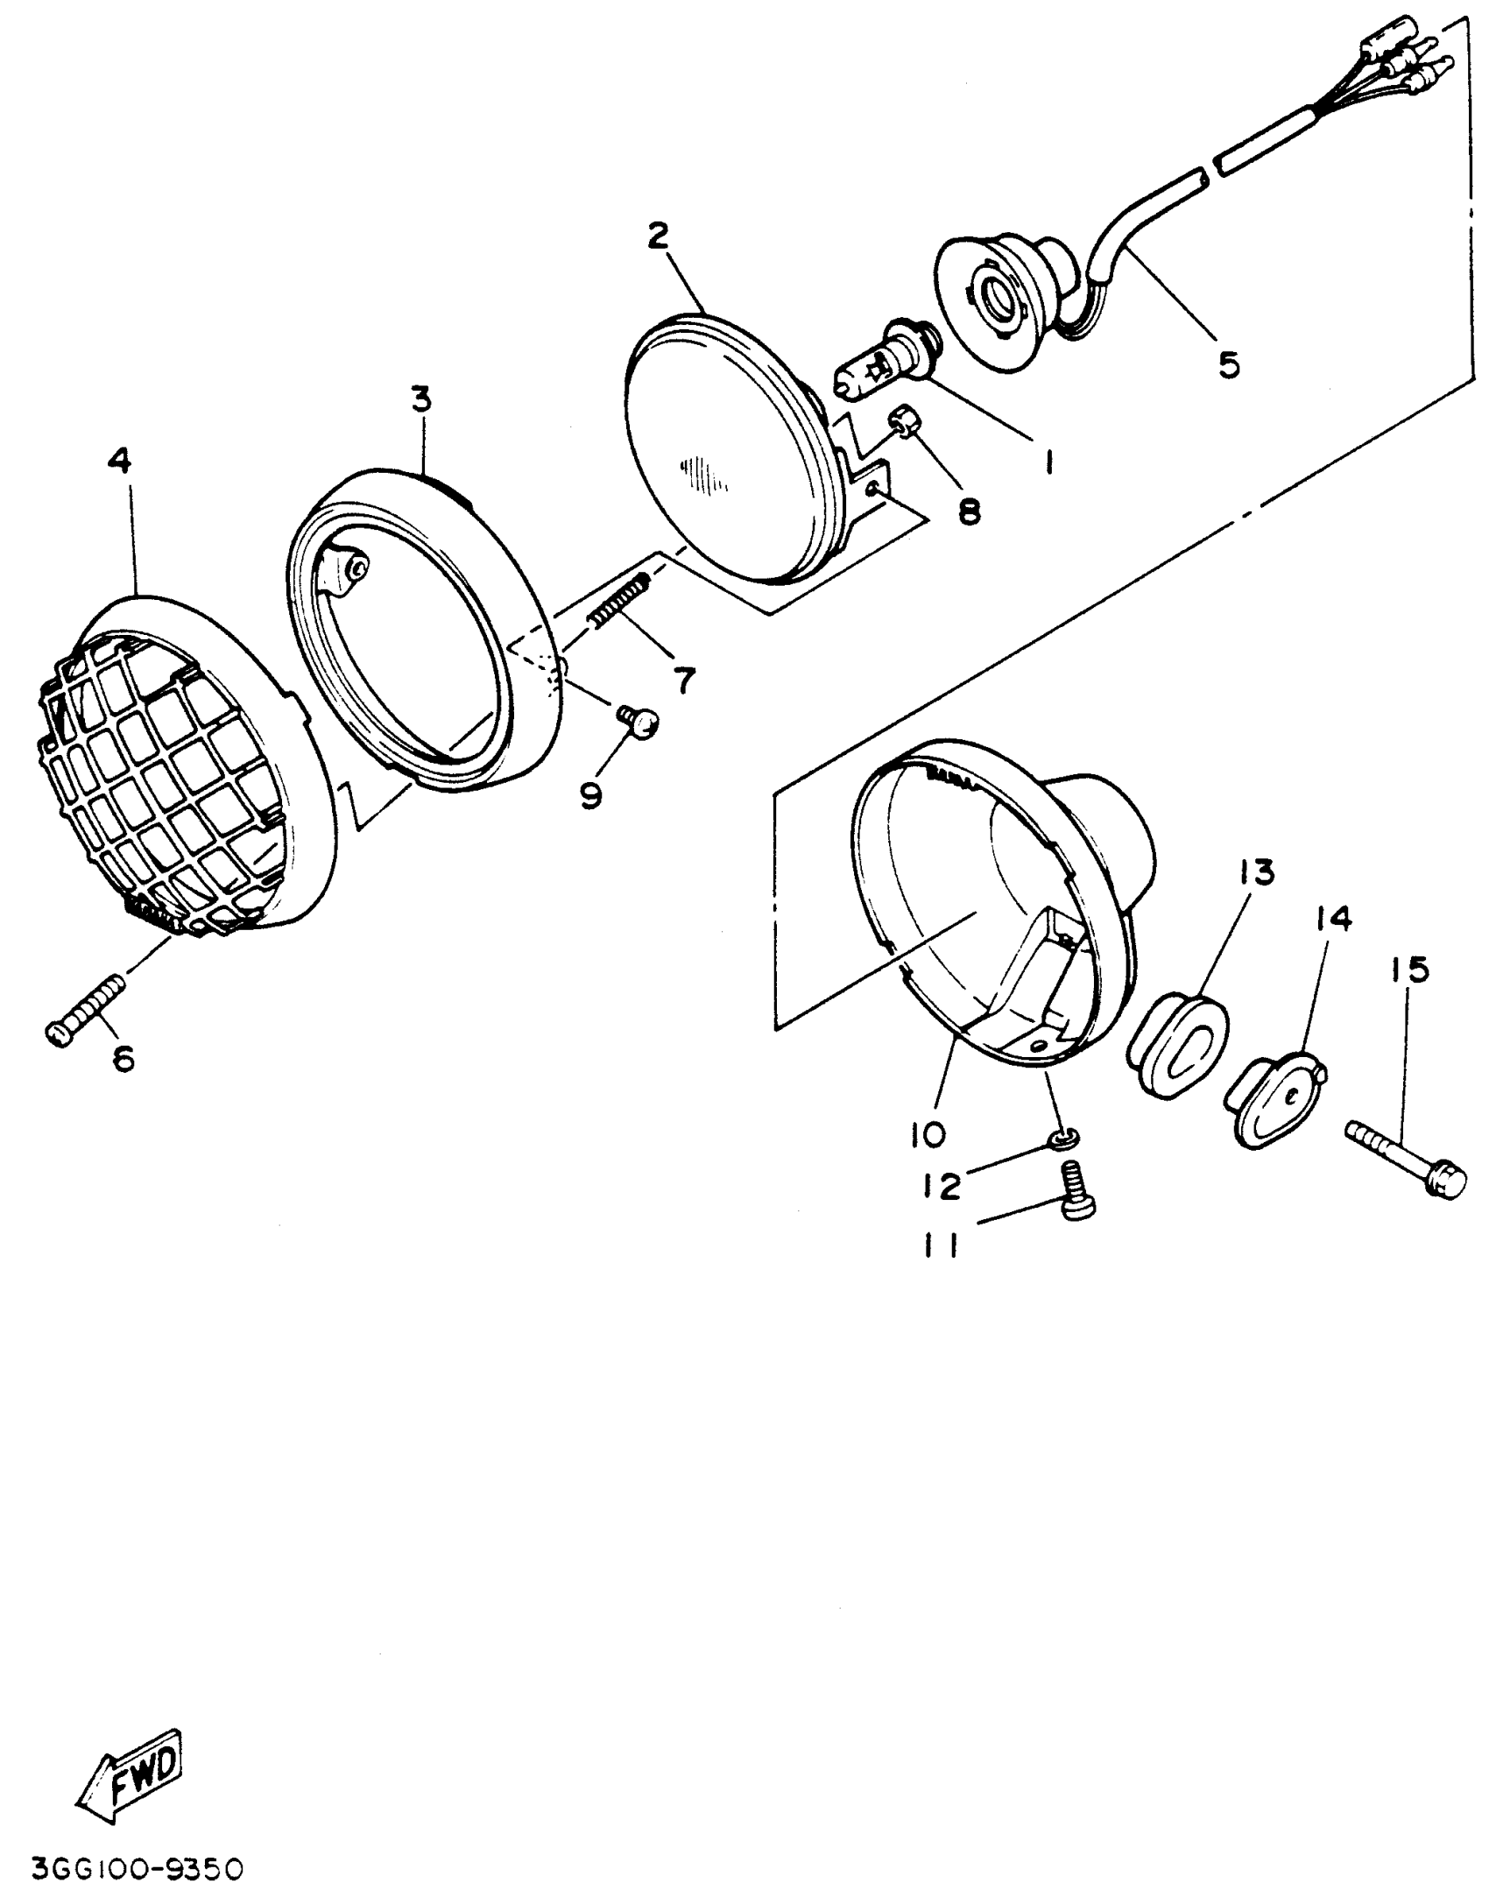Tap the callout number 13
pos(1257,873)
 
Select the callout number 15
pos(1408,970)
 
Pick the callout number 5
pos(1229,364)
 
